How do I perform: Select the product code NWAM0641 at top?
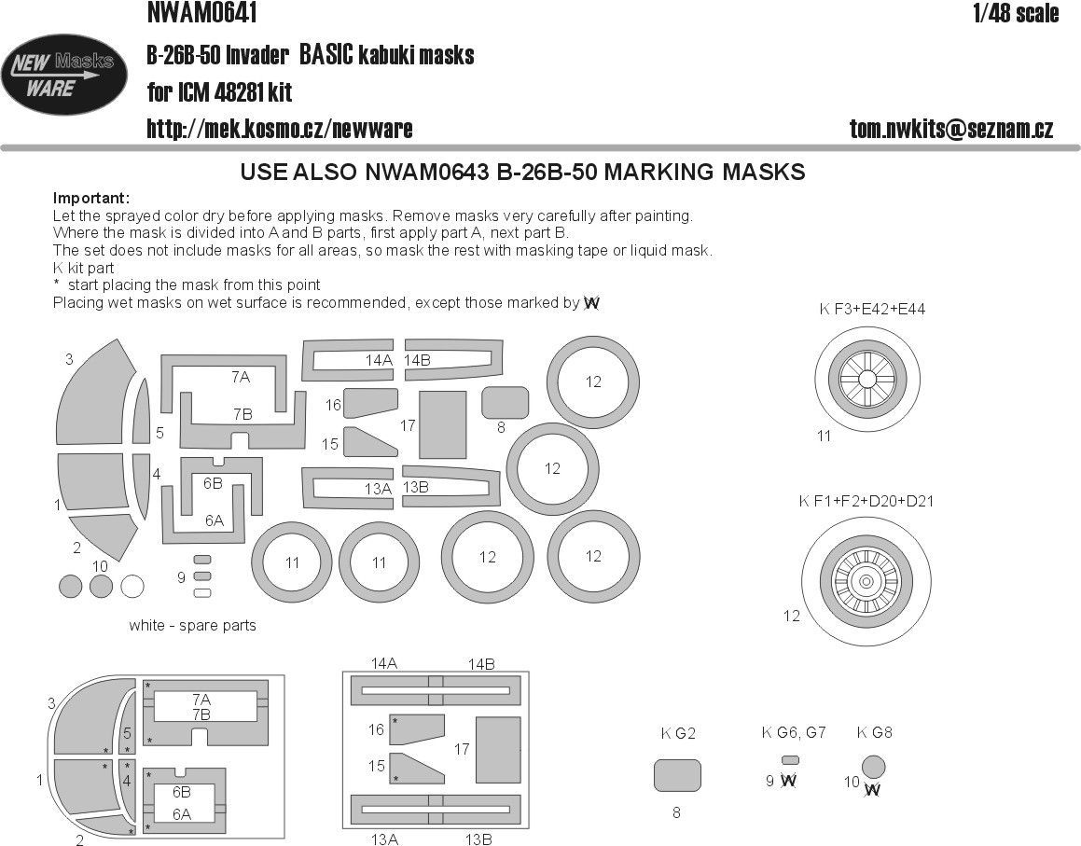[x=202, y=13]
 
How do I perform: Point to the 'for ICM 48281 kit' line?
[x=219, y=92]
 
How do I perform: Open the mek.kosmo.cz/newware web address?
[x=279, y=129]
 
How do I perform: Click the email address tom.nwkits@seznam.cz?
[x=951, y=130]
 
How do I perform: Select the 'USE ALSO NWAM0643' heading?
[x=522, y=173]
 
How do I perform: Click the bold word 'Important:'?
[x=91, y=199]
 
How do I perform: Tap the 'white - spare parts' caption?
[x=192, y=625]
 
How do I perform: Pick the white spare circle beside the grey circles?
[x=132, y=587]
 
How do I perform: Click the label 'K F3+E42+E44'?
[x=872, y=309]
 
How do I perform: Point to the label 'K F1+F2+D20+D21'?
[x=866, y=501]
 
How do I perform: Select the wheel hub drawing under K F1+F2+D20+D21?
[x=866, y=581]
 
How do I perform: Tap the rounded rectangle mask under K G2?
[x=677, y=775]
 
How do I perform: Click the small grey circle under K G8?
[x=874, y=766]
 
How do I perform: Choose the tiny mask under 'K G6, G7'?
[x=791, y=759]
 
